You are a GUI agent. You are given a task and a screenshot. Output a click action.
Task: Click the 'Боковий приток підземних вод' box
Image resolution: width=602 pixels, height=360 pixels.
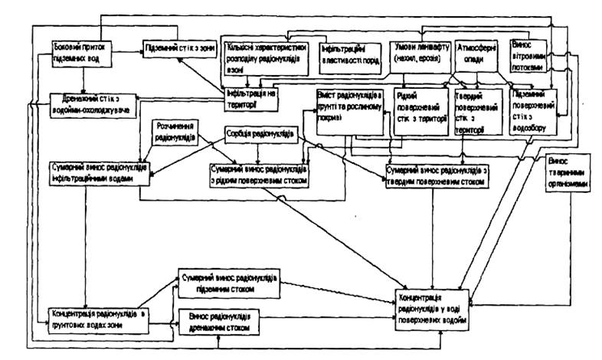[x=80, y=52]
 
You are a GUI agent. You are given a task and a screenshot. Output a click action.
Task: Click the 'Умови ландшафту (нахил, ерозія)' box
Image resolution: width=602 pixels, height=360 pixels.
[x=419, y=51]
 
